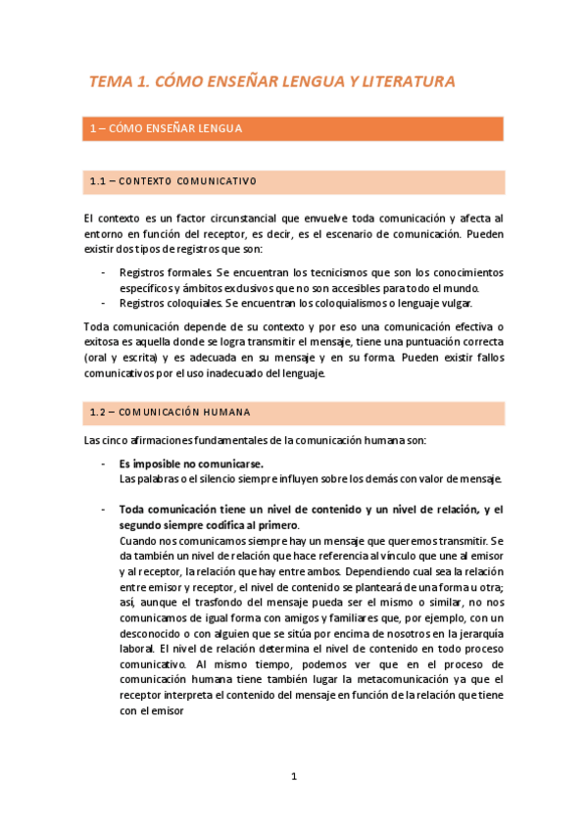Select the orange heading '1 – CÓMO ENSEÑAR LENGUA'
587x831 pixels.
pos(166,128)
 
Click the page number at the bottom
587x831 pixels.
pos(293,777)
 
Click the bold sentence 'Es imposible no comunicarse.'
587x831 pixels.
pos(190,463)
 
